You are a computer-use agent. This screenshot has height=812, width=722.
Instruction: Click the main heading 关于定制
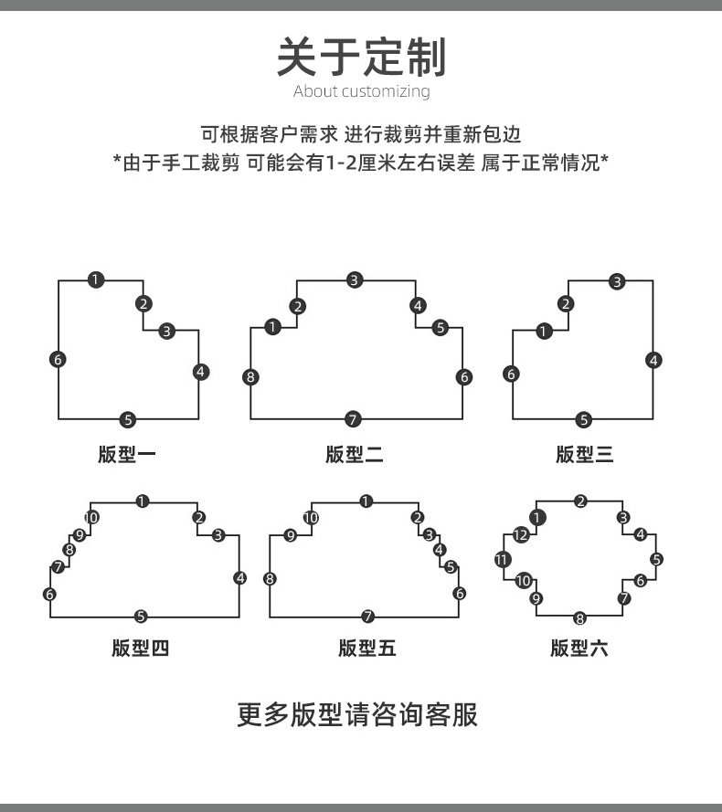[361, 57]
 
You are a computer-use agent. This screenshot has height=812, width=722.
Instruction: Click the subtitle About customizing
[361, 91]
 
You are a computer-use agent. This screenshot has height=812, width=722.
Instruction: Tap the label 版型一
[127, 454]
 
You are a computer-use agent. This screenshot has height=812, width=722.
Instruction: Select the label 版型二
[354, 454]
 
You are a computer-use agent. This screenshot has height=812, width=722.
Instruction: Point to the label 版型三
[584, 454]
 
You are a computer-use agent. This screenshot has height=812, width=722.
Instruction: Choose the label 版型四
[141, 649]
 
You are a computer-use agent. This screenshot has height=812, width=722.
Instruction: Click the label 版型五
[366, 649]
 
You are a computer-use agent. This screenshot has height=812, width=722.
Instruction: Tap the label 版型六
[579, 649]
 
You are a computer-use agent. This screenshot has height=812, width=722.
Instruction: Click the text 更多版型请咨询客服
[357, 713]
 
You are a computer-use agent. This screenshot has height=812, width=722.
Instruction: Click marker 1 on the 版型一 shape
[96, 279]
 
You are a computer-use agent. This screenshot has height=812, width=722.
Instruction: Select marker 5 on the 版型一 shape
[128, 420]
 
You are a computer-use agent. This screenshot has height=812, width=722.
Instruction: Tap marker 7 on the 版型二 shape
[354, 419]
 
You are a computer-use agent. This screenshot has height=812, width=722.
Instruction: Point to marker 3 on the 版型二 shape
[355, 280]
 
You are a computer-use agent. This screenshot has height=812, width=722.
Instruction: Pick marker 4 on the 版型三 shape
[653, 360]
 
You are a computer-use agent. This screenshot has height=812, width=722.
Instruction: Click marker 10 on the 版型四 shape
[91, 518]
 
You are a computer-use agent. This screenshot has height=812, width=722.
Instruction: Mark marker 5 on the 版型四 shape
[141, 617]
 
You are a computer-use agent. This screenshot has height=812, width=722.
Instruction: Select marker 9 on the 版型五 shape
[291, 536]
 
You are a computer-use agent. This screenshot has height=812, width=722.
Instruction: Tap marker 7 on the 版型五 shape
[367, 617]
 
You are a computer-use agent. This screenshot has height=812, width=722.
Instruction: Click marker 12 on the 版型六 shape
[521, 535]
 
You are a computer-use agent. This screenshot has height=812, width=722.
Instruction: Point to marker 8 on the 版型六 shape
[579, 618]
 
